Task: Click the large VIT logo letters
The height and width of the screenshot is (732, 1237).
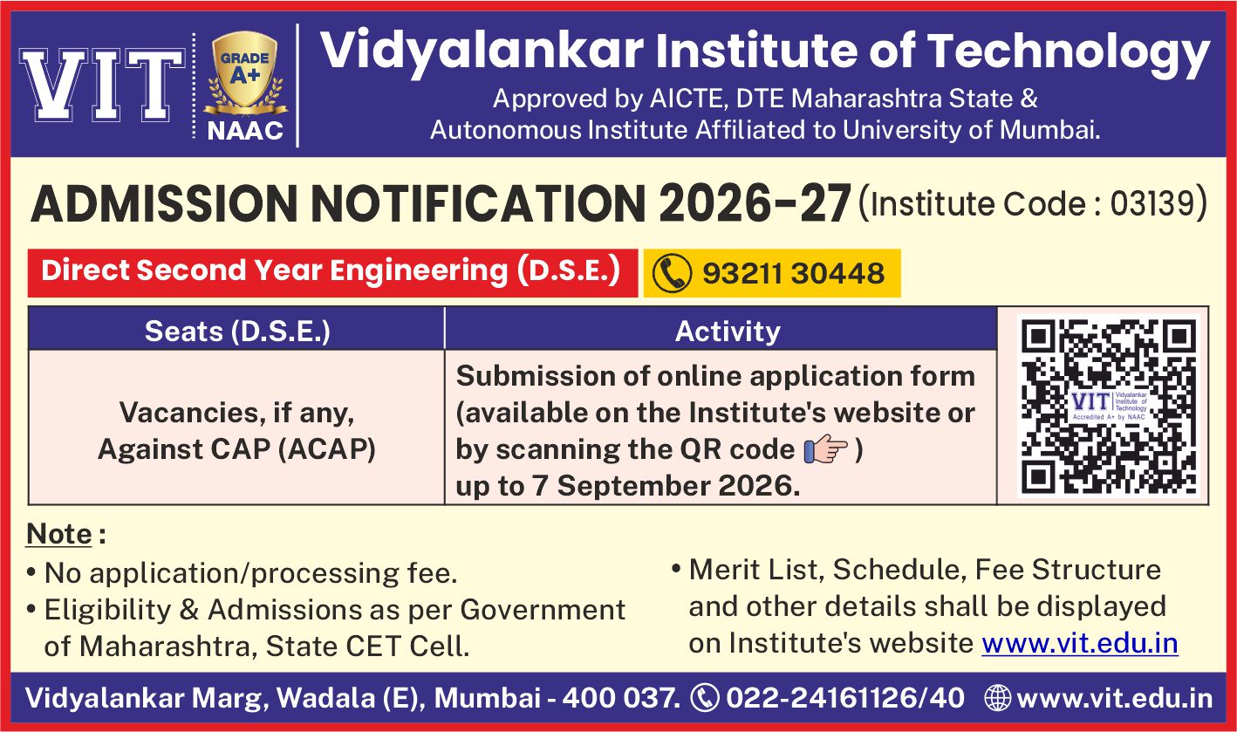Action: (103, 85)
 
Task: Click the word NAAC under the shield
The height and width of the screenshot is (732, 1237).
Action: (245, 132)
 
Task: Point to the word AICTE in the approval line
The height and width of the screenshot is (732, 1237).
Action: (686, 99)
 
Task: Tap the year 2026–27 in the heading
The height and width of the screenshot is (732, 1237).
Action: (755, 203)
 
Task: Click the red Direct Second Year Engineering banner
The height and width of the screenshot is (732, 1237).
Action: (332, 273)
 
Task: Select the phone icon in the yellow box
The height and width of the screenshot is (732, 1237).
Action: (672, 273)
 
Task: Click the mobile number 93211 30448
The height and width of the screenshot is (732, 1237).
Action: (793, 273)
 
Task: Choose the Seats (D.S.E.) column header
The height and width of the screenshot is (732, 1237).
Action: (237, 332)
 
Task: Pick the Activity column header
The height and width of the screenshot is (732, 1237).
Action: (728, 332)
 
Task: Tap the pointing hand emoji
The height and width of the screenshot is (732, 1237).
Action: (825, 448)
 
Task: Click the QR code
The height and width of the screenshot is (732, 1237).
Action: (1109, 406)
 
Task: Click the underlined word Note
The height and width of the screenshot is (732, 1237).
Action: (58, 534)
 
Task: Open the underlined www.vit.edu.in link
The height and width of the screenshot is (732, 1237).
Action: (1080, 643)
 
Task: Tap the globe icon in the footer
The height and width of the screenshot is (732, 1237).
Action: (997, 697)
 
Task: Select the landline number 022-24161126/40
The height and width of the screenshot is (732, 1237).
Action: (845, 698)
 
